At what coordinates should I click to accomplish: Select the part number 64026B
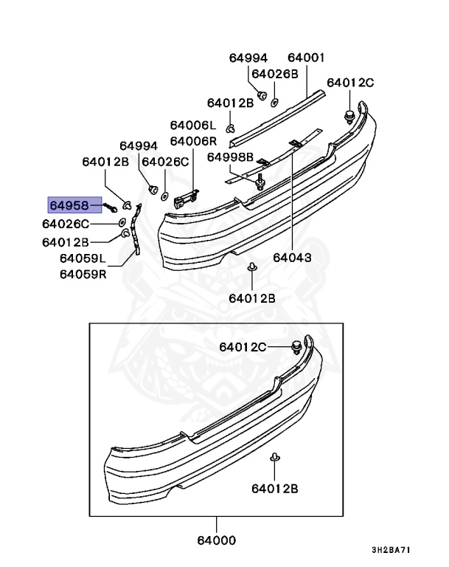[274, 74]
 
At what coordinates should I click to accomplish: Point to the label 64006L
[193, 126]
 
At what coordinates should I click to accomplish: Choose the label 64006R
[193, 140]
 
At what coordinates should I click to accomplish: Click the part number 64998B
[230, 157]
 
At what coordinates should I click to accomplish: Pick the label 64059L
[83, 258]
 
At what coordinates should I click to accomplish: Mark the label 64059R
[83, 274]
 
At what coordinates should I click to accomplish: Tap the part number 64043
[292, 258]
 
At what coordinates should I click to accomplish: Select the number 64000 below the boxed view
[216, 540]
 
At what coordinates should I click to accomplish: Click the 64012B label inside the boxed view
[274, 488]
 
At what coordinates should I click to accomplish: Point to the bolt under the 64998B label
[261, 182]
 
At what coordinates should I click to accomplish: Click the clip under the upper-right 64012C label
[350, 115]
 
